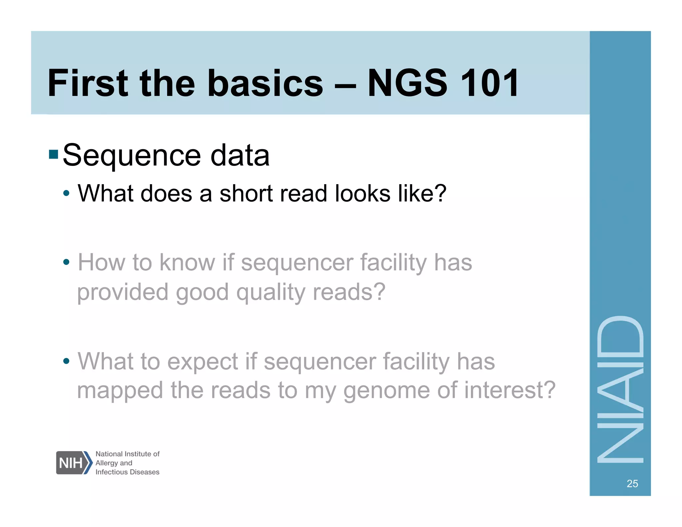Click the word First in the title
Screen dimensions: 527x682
[x=88, y=83]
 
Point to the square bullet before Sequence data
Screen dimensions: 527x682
[x=53, y=155]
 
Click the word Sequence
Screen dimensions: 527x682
[x=132, y=156]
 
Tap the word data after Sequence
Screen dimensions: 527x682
[x=240, y=155]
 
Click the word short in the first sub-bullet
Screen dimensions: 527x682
[x=244, y=194]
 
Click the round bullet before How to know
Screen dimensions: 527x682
[x=66, y=262]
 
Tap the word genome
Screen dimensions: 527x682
[x=386, y=390]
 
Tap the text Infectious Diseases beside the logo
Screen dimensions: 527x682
[x=127, y=472]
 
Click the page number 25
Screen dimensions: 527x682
[x=632, y=483]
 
